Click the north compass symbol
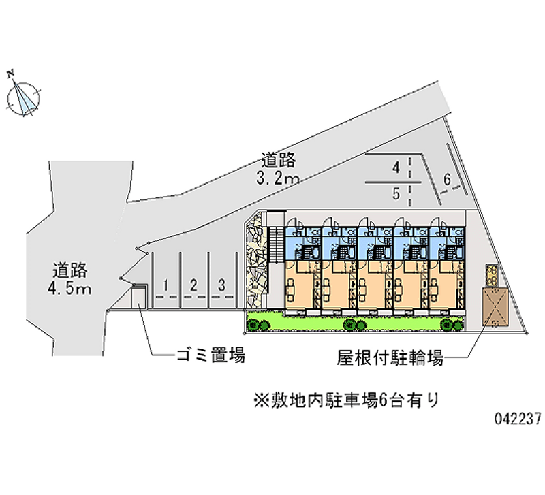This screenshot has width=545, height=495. point(23,98)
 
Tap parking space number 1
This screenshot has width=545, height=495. point(166,285)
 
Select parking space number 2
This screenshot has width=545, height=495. point(193,285)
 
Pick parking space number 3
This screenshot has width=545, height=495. point(222,285)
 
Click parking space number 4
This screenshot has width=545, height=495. point(396,167)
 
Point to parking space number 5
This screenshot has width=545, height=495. point(396,194)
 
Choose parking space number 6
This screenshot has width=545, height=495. point(447,180)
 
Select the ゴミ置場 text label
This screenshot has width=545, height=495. point(211,355)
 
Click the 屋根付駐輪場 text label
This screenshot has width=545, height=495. point(390,357)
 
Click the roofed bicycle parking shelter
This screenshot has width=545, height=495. point(495,306)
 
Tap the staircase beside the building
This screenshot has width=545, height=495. point(277,244)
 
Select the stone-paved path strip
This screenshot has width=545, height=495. point(256,260)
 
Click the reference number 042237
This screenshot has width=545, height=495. point(518,419)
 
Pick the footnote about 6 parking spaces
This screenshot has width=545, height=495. point(347,400)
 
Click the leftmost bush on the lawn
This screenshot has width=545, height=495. point(258,325)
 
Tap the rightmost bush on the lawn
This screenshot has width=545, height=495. point(452,325)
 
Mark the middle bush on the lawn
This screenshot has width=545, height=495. point(355,325)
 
